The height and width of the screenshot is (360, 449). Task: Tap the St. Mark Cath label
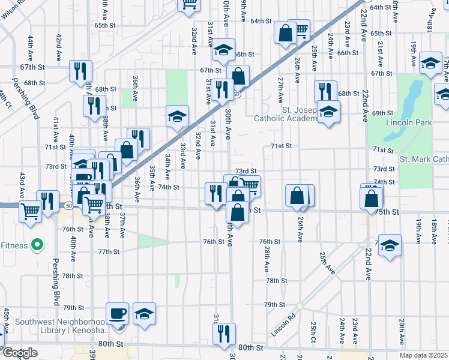(424, 159)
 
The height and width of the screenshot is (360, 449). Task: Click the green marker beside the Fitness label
(37, 245)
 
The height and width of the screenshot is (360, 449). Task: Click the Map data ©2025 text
(424, 355)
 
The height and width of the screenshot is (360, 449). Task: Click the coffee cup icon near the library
(117, 313)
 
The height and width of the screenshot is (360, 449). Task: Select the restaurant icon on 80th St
(224, 334)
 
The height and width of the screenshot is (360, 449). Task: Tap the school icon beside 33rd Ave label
(178, 116)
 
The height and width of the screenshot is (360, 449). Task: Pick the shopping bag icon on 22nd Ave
(372, 196)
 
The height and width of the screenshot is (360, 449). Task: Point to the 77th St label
(109, 252)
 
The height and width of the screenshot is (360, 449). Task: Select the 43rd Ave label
(22, 185)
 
